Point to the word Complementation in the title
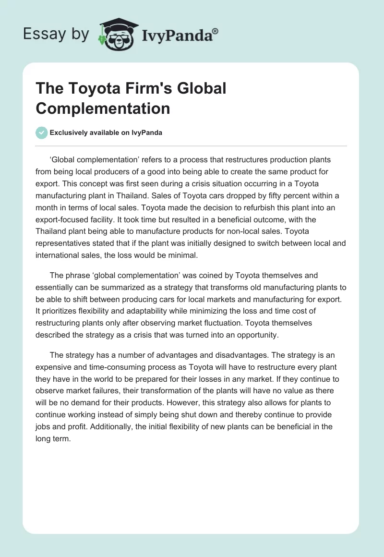click(103, 108)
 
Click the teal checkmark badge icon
click(41, 133)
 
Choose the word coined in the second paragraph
click(198, 276)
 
